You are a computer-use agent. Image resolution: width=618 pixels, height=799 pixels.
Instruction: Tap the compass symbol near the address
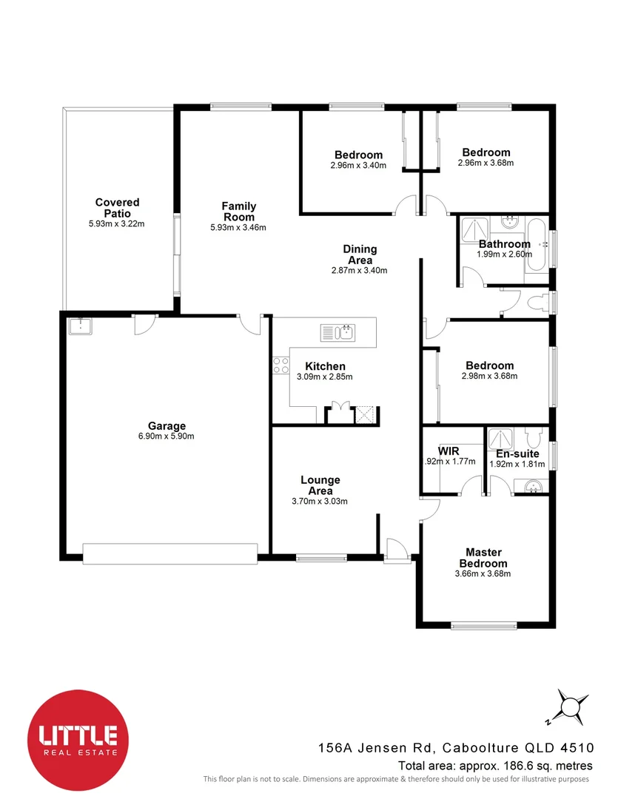570,707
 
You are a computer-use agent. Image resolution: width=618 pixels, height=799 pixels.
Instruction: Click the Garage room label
167,426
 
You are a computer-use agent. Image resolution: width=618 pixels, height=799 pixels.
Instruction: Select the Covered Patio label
117,207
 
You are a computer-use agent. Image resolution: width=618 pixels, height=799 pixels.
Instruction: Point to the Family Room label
238,212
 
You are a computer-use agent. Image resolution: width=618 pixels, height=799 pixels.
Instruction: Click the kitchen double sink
338,332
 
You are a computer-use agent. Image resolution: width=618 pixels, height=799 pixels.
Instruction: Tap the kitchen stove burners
281,365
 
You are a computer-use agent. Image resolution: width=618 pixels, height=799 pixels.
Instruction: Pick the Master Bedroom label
483,558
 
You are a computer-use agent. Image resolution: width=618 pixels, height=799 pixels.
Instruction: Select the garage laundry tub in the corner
79,326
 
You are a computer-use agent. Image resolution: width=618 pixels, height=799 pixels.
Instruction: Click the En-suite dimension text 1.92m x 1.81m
517,465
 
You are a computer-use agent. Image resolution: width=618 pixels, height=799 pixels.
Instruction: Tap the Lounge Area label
320,485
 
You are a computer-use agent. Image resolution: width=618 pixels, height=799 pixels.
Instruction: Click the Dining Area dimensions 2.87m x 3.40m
360,270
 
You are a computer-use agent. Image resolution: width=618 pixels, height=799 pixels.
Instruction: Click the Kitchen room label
325,366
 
